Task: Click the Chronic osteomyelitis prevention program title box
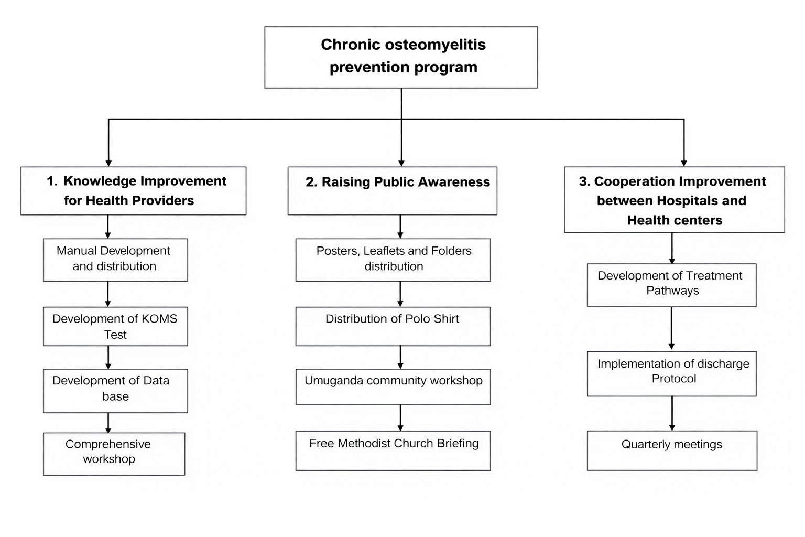coord(401,57)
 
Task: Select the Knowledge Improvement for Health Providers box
coord(133,191)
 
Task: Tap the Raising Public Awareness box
coord(392,191)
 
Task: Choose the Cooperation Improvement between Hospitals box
coord(674,200)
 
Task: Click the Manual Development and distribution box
coord(115,260)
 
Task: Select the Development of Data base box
coord(115,391)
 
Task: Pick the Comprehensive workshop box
coord(114,454)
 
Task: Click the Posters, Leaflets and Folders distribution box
coord(393,260)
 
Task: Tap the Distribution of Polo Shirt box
coord(393,326)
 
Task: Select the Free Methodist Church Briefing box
coord(393,450)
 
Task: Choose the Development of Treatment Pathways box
coord(671,285)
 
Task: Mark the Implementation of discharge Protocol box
coord(671,373)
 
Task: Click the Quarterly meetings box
coord(672,450)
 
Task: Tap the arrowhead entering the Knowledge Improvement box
coord(108,163)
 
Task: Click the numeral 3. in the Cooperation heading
coord(584,181)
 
